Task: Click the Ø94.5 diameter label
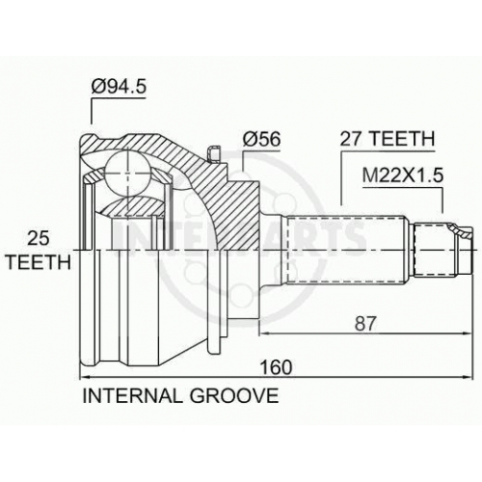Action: [119, 87]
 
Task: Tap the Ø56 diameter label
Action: [261, 139]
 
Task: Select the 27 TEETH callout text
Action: [388, 139]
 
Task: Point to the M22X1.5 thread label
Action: [403, 175]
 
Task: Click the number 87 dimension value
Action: [365, 324]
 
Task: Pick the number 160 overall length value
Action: [276, 367]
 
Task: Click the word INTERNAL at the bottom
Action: [132, 395]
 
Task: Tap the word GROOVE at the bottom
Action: [234, 395]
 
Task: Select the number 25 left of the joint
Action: [39, 238]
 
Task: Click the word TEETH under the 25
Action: [39, 262]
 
